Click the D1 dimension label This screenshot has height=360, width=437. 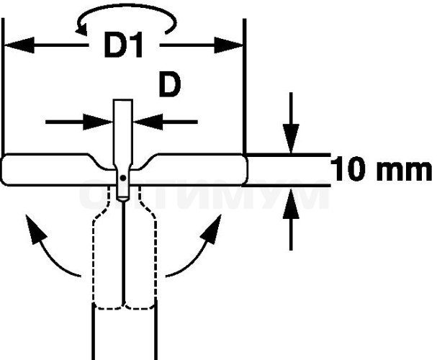(x=123, y=45)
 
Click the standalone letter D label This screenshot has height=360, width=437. (x=170, y=84)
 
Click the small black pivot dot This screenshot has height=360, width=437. (x=123, y=178)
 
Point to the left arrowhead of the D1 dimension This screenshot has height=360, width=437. (x=19, y=45)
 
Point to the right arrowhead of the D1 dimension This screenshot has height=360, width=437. (x=228, y=45)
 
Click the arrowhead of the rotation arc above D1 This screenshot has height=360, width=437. (x=81, y=29)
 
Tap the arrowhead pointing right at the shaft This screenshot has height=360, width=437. (x=98, y=122)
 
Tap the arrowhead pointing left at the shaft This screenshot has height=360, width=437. (x=148, y=122)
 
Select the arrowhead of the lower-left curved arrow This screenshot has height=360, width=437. (x=35, y=229)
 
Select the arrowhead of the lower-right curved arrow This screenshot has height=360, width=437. (x=212, y=229)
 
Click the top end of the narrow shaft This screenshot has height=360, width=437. (x=122, y=100)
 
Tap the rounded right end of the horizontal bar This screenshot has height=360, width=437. (x=246, y=169)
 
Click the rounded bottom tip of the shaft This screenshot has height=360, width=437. (x=122, y=199)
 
